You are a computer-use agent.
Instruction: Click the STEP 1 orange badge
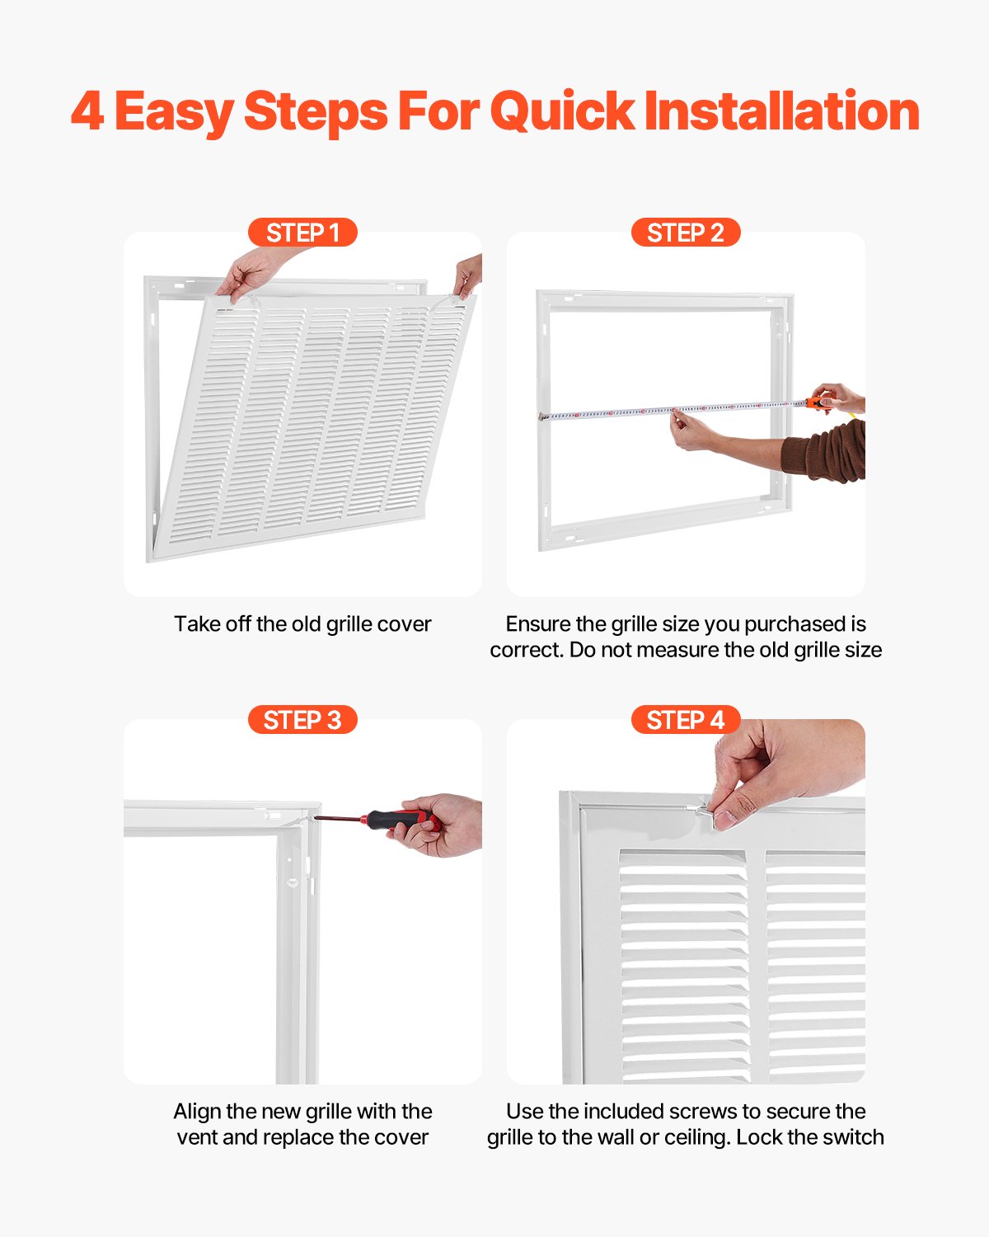[302, 233]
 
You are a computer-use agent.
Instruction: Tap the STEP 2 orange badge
[685, 233]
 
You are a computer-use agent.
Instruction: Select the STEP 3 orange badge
[302, 720]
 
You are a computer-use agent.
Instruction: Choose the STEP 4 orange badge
[685, 720]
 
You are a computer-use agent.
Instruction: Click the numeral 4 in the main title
[87, 112]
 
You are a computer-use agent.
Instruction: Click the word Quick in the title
[562, 112]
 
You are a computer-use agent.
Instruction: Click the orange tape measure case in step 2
[819, 403]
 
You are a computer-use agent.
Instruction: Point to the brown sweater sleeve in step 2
[828, 452]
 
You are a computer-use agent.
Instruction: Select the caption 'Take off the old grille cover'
[302, 624]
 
